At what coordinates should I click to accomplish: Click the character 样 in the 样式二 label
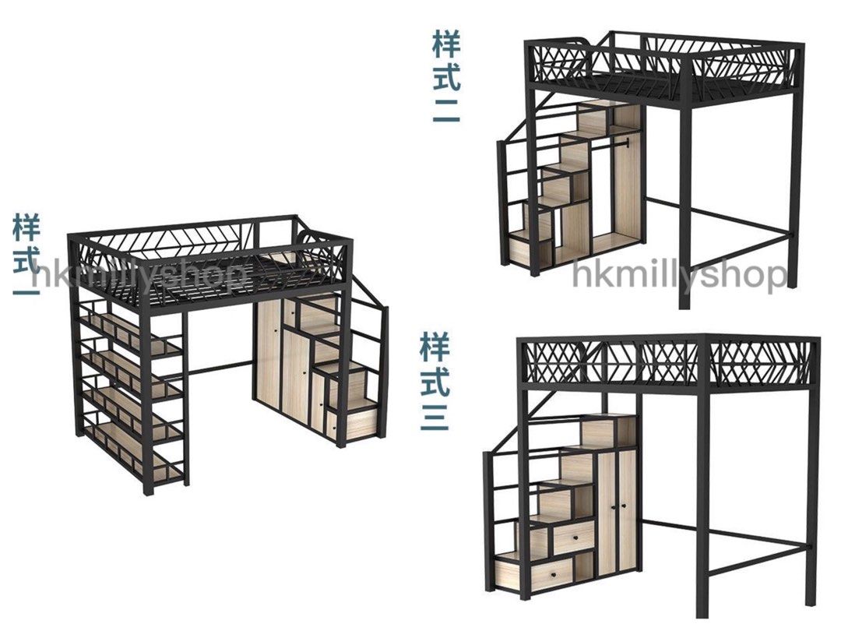tap(446, 44)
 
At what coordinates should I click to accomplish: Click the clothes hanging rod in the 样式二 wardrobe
tap(608, 144)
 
